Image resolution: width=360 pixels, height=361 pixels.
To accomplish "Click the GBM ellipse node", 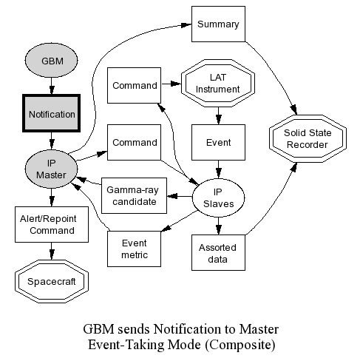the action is coord(51,61).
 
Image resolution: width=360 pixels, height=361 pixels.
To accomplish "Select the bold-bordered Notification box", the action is coord(51,113).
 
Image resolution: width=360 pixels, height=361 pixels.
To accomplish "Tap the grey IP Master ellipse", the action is coord(51,169).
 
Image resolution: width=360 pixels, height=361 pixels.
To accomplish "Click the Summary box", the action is coord(218,24).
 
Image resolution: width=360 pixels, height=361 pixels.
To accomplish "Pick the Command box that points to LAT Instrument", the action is coord(134,85).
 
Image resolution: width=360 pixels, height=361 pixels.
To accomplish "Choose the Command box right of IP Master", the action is coord(134,142).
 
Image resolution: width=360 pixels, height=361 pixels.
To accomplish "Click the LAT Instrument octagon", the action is coord(218,83).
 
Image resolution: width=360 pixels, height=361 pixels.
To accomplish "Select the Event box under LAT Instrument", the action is coord(218,142).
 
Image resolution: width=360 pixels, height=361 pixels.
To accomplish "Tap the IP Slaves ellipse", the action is coord(218,198).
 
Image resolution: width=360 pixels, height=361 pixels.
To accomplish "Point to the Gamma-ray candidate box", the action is coord(134,195).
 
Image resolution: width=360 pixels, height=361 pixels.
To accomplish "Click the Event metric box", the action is coord(134,249).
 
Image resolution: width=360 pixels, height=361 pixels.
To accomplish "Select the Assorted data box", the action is coord(218,252).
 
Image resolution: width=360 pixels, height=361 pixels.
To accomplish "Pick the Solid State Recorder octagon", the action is coord(308,138).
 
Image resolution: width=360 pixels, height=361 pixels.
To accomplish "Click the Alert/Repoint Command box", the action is coord(52,224).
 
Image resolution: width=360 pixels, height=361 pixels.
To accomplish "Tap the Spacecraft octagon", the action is coord(52,281).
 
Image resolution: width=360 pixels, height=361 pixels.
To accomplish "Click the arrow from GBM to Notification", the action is coord(52,86).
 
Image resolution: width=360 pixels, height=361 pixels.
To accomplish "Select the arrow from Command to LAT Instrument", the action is coord(171,84).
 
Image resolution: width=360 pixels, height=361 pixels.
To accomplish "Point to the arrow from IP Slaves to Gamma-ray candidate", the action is coord(180,196).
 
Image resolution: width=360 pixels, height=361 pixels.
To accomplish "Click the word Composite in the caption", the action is coord(240,345).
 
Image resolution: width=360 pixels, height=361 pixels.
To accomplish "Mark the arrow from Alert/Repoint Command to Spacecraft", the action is coord(52,251).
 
